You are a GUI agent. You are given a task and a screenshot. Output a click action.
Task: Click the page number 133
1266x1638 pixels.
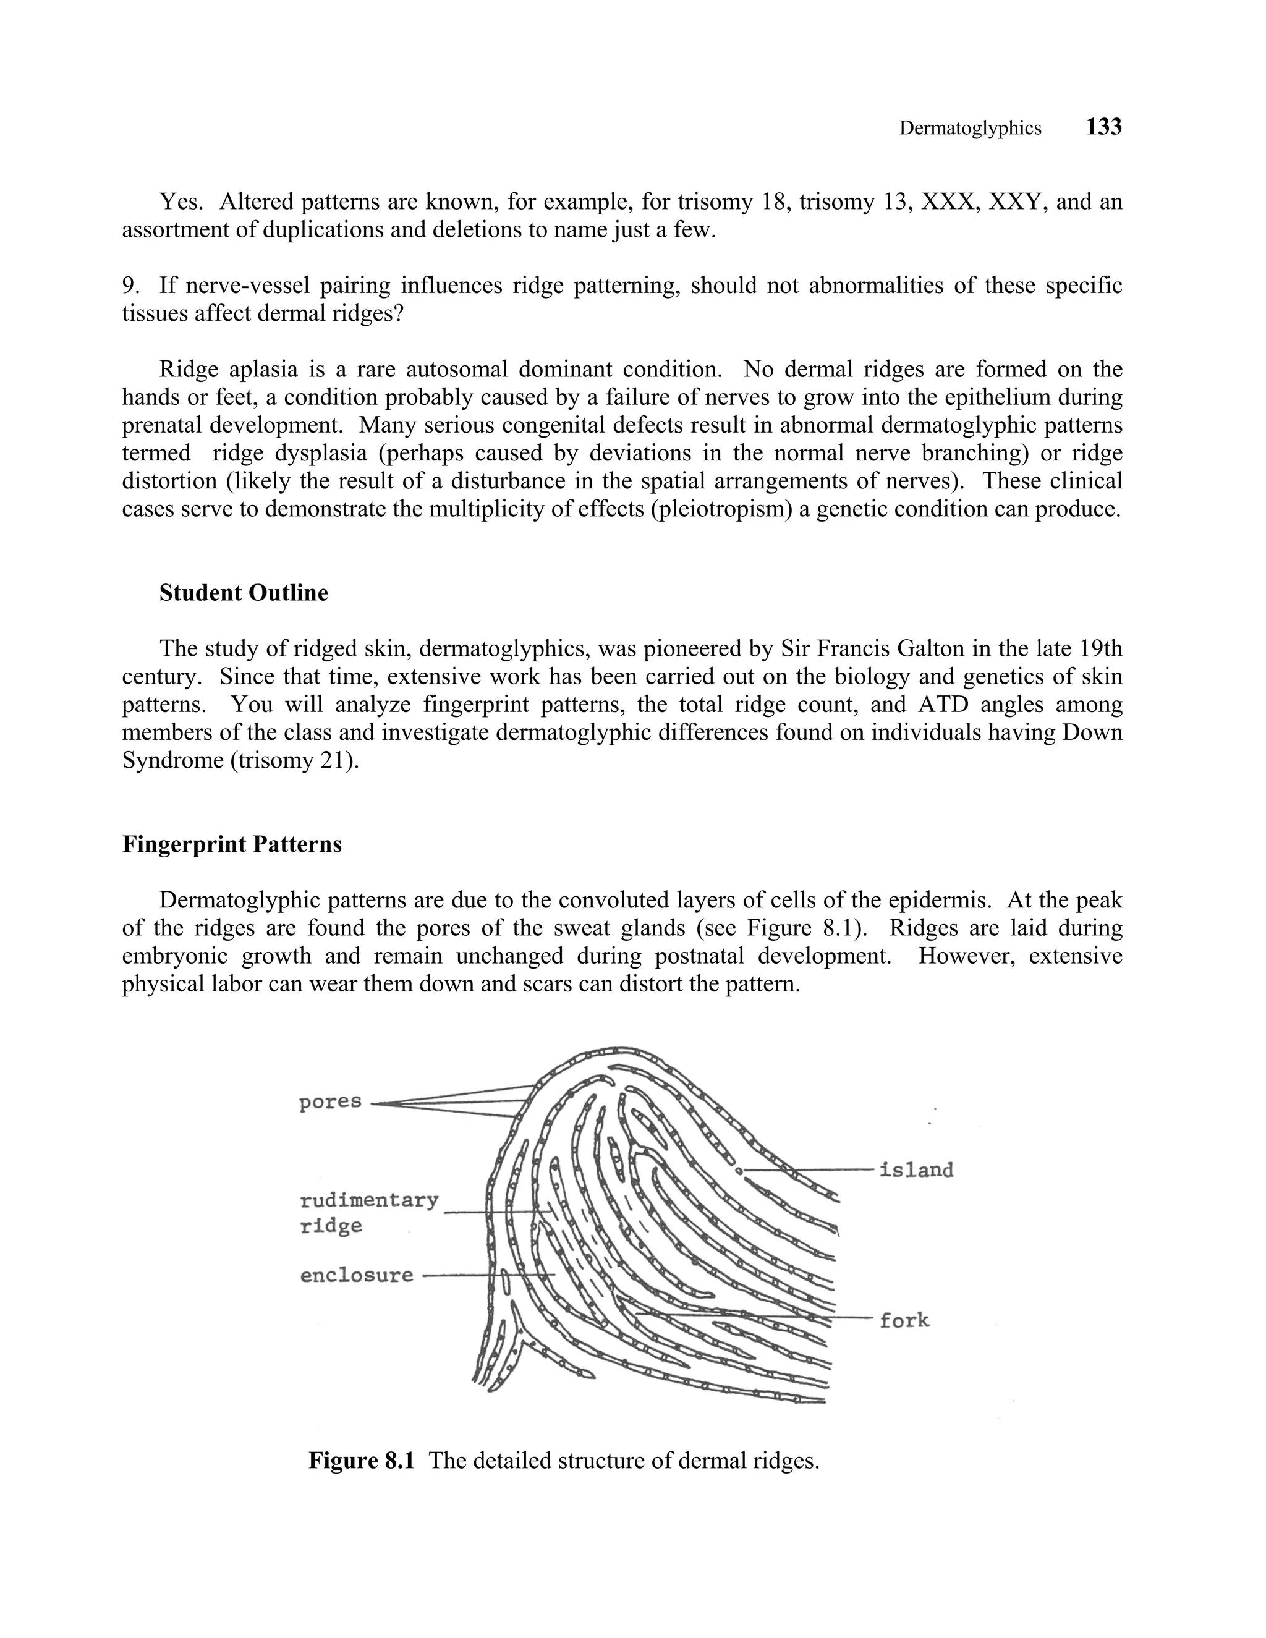(1103, 127)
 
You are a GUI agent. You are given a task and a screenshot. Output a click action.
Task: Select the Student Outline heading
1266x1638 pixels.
(243, 593)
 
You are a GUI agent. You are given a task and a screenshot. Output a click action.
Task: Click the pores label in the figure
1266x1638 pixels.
(330, 1101)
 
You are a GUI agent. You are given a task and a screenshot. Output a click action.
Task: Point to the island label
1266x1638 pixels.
(916, 1169)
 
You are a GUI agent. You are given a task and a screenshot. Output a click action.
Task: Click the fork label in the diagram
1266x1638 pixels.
(904, 1320)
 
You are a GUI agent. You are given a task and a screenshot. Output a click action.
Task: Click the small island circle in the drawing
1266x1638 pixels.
(739, 1170)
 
